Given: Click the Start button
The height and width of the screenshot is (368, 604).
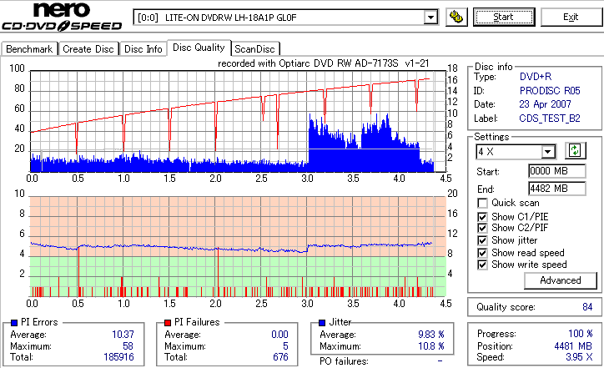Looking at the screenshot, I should pyautogui.click(x=504, y=17).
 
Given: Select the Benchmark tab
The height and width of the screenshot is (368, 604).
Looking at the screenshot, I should pyautogui.click(x=30, y=49).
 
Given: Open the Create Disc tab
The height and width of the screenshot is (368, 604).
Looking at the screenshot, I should pyautogui.click(x=88, y=49).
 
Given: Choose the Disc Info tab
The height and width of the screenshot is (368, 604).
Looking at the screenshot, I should pyautogui.click(x=143, y=49).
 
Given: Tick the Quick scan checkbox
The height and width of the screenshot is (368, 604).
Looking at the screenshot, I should pyautogui.click(x=483, y=203).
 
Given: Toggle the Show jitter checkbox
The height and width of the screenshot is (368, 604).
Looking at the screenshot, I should pyautogui.click(x=483, y=240).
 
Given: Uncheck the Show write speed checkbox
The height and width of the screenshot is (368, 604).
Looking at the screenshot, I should pyautogui.click(x=483, y=265).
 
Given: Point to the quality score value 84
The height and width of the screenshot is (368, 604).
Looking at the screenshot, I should pyautogui.click(x=587, y=307).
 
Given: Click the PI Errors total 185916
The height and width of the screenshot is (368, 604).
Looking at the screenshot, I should pyautogui.click(x=117, y=357).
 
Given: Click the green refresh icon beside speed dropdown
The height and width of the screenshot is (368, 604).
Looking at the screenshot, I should pyautogui.click(x=574, y=151).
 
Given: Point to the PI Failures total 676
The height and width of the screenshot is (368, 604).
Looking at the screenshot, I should pyautogui.click(x=280, y=357).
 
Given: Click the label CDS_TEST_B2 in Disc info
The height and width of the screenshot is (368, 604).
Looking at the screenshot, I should pyautogui.click(x=549, y=118).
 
